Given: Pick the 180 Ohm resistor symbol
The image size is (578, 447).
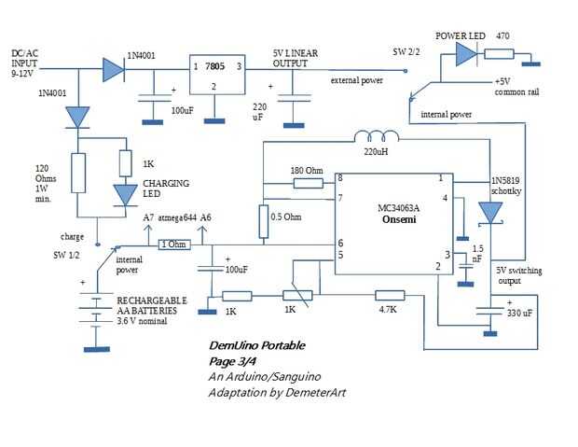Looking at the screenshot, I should point(307,185).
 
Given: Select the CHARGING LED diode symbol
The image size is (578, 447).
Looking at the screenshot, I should point(124,194).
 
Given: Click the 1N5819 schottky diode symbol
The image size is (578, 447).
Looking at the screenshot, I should point(490,214).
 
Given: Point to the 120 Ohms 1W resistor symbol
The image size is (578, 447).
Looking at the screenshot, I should point(79,173).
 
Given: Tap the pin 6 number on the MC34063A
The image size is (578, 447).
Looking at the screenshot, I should point(340,243).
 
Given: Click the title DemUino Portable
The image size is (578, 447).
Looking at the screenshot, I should point(256,346).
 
